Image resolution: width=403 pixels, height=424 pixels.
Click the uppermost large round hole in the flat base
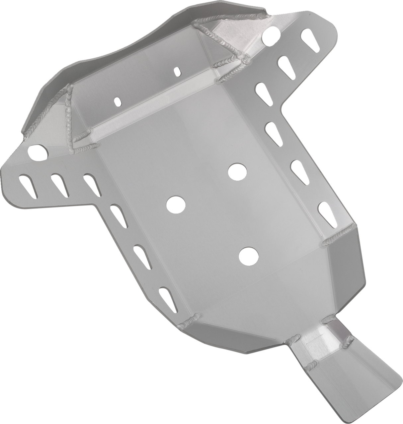point(237,171)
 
